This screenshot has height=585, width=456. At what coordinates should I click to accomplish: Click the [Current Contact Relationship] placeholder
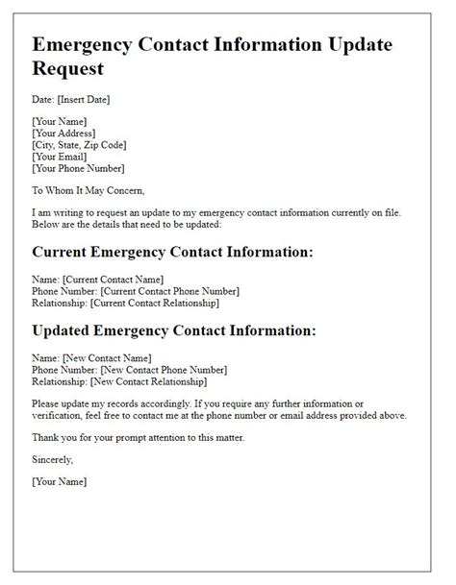154,303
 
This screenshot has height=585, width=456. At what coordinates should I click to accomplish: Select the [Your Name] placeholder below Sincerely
60,481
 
